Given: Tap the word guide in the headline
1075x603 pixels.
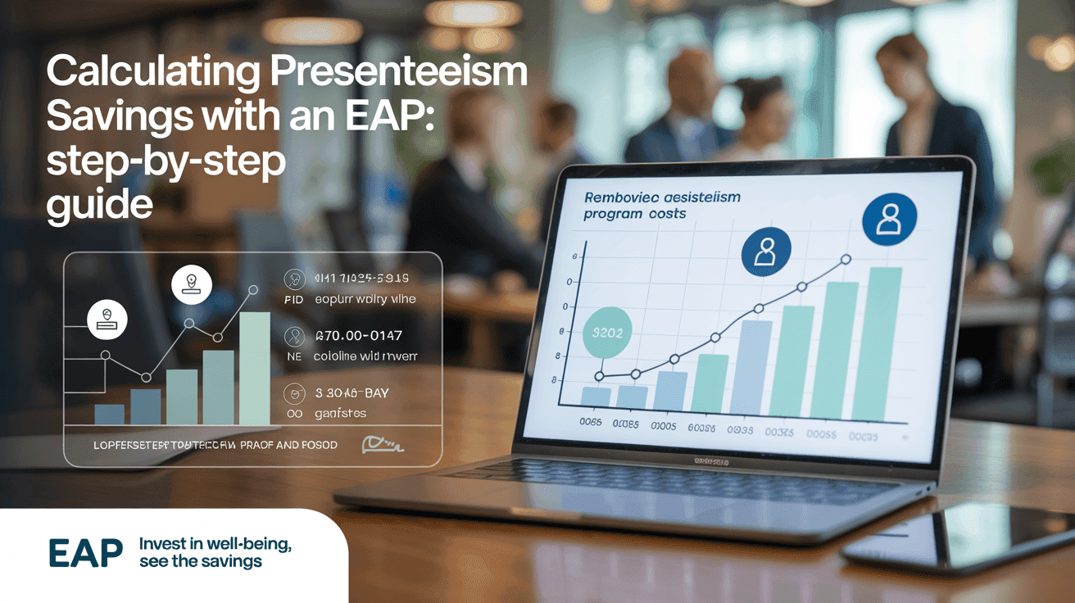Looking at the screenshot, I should pos(99,204).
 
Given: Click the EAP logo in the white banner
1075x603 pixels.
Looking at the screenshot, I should pos(85,554).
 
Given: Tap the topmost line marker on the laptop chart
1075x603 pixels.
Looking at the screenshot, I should pos(846,260).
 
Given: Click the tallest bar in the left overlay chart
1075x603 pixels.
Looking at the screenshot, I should pos(254,368).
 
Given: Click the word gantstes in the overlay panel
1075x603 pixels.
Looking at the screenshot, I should pos(340,414).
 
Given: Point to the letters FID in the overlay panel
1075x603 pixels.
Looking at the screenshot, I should pos(293,300).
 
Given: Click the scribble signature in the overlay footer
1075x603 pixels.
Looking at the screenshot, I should pos(381,445).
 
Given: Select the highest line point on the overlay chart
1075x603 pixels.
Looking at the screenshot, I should pos(253,290).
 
